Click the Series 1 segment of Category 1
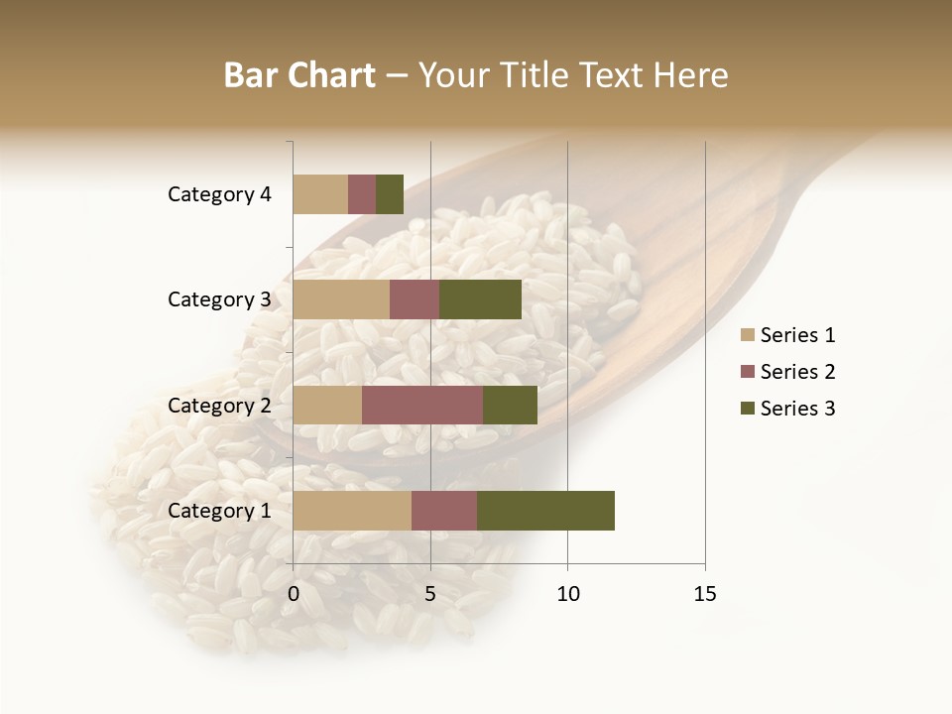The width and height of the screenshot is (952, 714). coord(352,511)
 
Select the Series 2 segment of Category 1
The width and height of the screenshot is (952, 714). coord(444,511)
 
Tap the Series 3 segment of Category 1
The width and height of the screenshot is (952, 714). coord(545,511)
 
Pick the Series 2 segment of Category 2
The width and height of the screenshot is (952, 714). coord(422,406)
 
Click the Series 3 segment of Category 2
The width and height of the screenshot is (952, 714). coord(510,406)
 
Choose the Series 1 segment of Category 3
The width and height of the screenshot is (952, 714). coord(341,299)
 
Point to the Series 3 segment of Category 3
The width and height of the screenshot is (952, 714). coord(480,299)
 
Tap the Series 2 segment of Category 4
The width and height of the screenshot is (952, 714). coord(362,194)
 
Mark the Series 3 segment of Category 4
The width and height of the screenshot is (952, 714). coord(390,194)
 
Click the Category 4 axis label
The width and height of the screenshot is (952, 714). coord(219,194)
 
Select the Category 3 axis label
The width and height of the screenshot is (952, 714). coord(219,299)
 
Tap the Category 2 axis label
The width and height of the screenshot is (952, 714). coord(219,406)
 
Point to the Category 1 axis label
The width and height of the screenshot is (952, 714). coord(219,511)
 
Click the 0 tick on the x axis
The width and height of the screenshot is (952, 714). coord(294,594)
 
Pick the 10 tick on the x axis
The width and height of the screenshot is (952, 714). coord(567,594)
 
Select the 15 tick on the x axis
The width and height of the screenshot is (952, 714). coord(704,594)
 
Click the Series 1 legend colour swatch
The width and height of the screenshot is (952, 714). coord(748,335)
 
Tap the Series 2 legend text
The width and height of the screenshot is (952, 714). coord(797,372)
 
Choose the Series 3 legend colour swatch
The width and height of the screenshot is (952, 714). coord(748,409)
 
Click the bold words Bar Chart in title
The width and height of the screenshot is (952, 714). coord(299,75)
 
